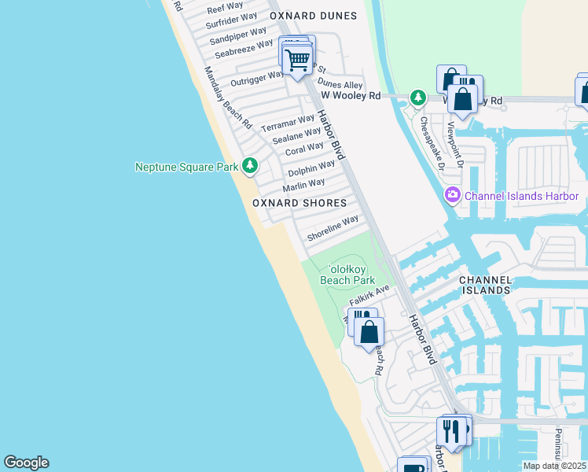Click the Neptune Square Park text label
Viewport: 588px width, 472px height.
tap(186, 167)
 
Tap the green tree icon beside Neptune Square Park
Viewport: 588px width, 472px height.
tap(250, 165)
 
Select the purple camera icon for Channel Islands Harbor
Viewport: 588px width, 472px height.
tap(452, 195)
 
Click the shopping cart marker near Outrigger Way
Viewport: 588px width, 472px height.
tap(297, 59)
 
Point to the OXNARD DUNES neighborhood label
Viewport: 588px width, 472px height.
tap(313, 16)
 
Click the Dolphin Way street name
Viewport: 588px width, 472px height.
tap(311, 168)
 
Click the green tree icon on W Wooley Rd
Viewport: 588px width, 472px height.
tap(418, 98)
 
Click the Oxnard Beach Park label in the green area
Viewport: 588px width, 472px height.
tap(347, 274)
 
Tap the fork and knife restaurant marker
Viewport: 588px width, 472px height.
tap(451, 432)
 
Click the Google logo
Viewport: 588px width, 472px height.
tap(26, 463)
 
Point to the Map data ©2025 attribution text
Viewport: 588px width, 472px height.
tap(554, 466)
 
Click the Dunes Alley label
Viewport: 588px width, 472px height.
tap(340, 84)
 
